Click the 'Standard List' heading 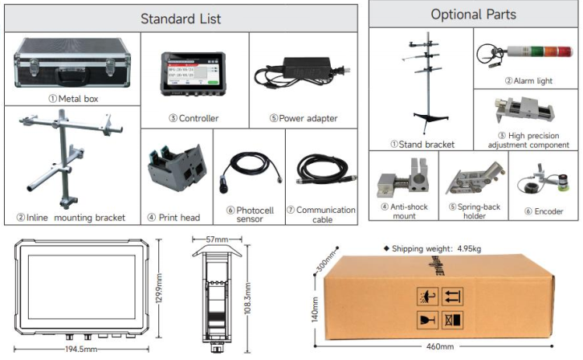[x=181, y=18]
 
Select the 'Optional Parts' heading [x=472, y=14]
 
